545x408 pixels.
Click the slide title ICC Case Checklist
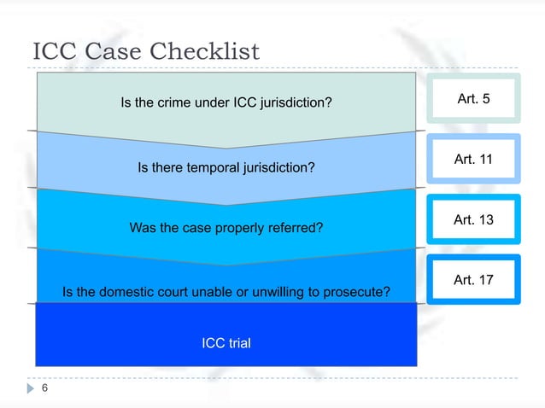point(145,52)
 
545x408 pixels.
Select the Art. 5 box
point(473,99)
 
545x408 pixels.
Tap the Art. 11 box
point(473,159)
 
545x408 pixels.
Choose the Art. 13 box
point(473,220)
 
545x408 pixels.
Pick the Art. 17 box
point(473,279)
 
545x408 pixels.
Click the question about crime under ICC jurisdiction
point(226,103)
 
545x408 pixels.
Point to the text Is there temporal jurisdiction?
point(226,168)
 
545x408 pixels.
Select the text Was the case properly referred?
point(226,228)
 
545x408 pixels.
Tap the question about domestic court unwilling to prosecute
point(226,293)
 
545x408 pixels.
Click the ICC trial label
point(226,343)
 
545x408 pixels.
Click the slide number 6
point(44,388)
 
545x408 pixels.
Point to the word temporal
point(203,168)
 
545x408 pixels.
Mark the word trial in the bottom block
point(239,343)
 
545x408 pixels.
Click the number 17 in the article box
point(485,279)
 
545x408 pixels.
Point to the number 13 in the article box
point(485,220)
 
